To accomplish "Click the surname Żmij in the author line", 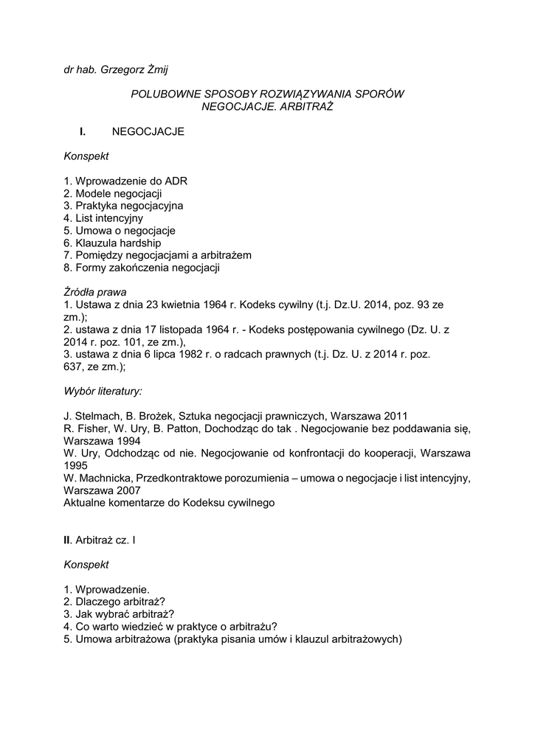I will coord(165,70).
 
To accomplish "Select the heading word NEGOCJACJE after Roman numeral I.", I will coord(148,132).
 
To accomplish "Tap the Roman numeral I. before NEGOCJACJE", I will coord(83,132).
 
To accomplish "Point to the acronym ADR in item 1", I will coord(183,181).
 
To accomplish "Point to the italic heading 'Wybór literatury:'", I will coord(103,390).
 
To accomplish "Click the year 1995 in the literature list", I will coord(75,465).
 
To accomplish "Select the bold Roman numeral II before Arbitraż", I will coord(66,540).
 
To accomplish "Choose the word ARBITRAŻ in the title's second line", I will coord(306,107).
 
